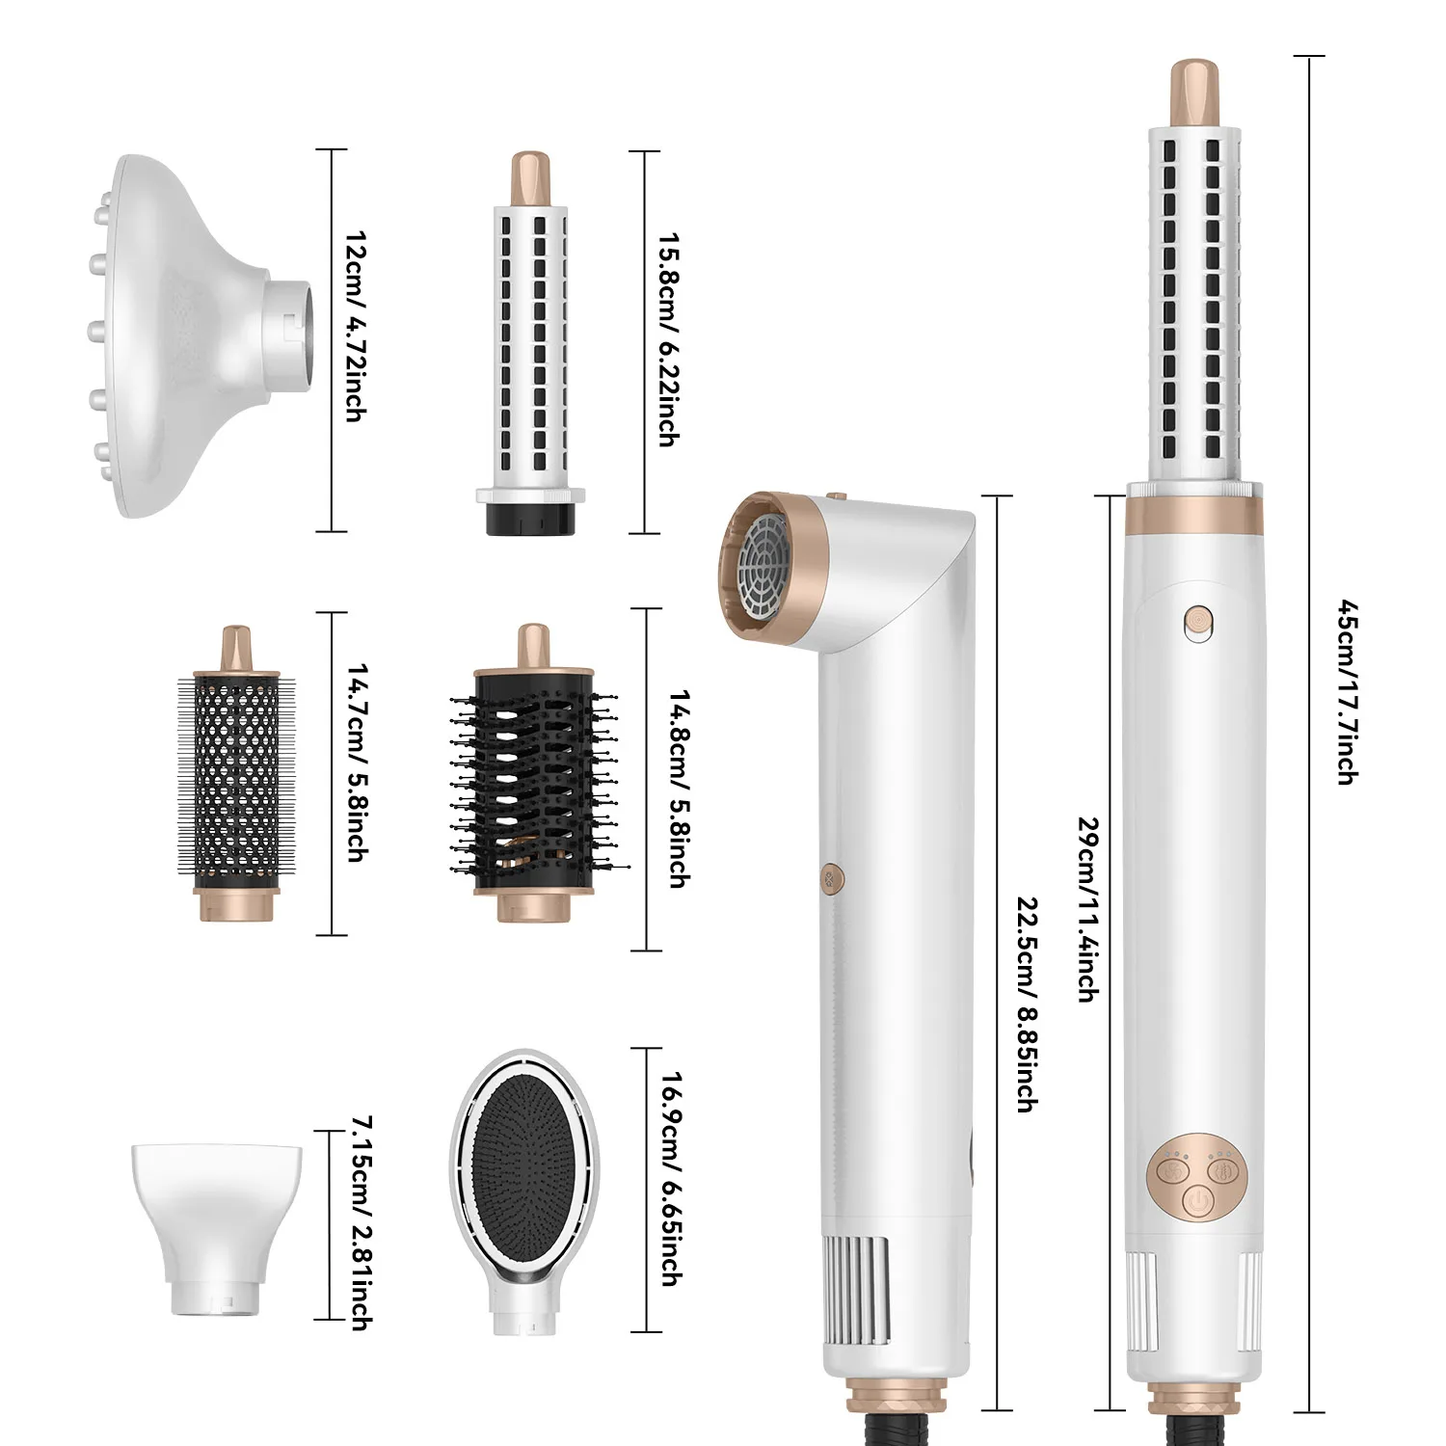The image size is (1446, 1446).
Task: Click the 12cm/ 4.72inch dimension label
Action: click(355, 326)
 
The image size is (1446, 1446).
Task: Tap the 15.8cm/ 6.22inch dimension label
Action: click(666, 338)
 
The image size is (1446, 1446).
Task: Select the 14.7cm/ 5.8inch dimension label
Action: click(355, 762)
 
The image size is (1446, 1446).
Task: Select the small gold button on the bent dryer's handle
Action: click(831, 876)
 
